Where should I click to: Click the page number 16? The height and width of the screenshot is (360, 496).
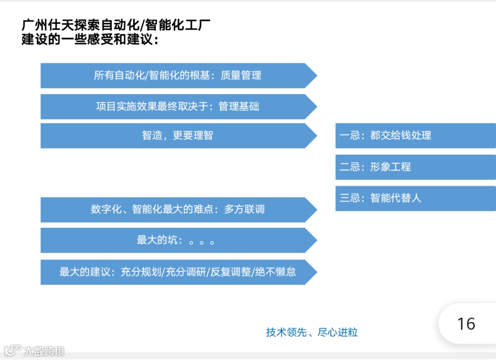coord(466,324)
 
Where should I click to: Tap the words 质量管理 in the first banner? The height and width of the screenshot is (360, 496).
coord(241,75)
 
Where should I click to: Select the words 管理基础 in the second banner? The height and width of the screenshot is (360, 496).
coord(239,107)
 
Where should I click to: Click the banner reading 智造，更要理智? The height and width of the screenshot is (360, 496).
coord(178,135)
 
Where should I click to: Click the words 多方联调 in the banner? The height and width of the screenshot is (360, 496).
coord(244,209)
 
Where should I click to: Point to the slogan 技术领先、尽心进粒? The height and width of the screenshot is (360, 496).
coord(312,332)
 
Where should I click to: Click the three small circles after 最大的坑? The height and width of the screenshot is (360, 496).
coord(202,242)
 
